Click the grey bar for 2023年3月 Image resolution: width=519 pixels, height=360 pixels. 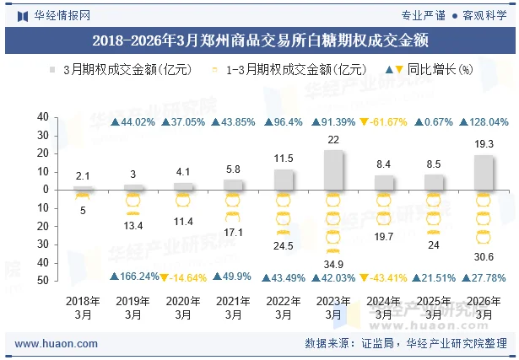[333, 169]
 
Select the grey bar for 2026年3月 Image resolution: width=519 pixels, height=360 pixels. [484, 172]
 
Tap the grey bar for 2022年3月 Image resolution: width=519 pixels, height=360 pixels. [284, 180]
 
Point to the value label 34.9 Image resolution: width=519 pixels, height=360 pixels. [333, 265]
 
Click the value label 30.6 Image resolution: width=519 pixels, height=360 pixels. [484, 256]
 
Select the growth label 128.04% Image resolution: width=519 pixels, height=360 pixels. [484, 122]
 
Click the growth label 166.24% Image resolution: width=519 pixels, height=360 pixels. [133, 277]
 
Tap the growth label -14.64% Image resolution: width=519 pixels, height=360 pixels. [183, 277]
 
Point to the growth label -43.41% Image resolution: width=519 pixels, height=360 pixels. [383, 277]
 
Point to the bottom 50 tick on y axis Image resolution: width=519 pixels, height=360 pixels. [42, 280]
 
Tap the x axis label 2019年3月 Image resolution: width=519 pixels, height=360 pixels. [133, 308]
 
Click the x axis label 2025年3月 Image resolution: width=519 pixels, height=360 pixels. [434, 308]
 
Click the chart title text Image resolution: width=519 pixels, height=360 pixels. [259, 39]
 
